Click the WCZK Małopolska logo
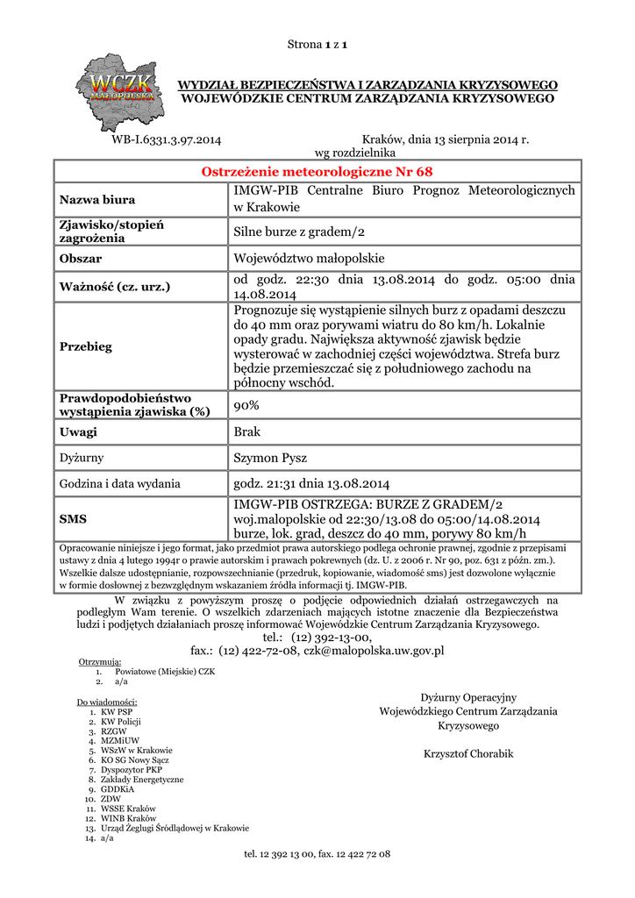click(x=120, y=88)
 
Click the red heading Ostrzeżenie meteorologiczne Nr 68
click(x=317, y=171)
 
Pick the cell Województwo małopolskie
click(x=309, y=259)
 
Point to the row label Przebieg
click(x=86, y=346)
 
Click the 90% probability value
click(x=246, y=405)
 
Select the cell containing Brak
click(x=247, y=432)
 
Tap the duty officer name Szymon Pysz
click(x=269, y=458)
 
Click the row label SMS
click(x=73, y=519)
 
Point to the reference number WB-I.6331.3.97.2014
click(x=167, y=139)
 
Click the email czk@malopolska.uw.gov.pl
click(x=374, y=651)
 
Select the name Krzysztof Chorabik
click(x=468, y=754)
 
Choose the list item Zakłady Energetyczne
click(x=142, y=780)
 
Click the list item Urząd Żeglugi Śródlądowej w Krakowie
click(x=175, y=828)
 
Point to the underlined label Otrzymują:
click(x=100, y=661)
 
